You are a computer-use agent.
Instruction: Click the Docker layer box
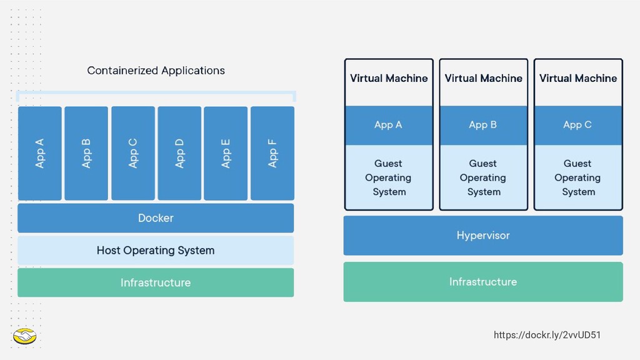tap(156, 218)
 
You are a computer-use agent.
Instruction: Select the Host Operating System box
tap(156, 250)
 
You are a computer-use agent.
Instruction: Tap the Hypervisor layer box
tap(483, 236)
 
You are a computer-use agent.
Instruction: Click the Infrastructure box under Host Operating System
tap(156, 282)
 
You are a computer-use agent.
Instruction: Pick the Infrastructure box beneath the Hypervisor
tap(483, 282)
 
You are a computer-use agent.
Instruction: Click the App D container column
tap(179, 153)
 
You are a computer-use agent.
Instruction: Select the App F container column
tap(272, 153)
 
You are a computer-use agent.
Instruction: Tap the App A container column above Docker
tap(40, 153)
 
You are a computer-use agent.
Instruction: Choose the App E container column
tap(226, 153)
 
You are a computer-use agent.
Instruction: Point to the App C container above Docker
tap(133, 153)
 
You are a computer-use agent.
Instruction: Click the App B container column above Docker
tap(86, 153)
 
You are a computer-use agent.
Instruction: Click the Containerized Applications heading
tap(156, 71)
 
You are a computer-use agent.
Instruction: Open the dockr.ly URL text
tap(547, 335)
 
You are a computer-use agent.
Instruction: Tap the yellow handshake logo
tap(24, 336)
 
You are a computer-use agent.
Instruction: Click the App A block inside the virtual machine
tap(389, 125)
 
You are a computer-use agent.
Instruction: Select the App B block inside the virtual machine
tap(483, 125)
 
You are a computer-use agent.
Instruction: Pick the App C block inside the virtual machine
tap(578, 125)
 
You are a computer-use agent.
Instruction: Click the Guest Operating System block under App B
tap(483, 177)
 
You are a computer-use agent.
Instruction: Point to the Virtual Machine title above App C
tap(578, 78)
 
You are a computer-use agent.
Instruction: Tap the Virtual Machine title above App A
tap(389, 78)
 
